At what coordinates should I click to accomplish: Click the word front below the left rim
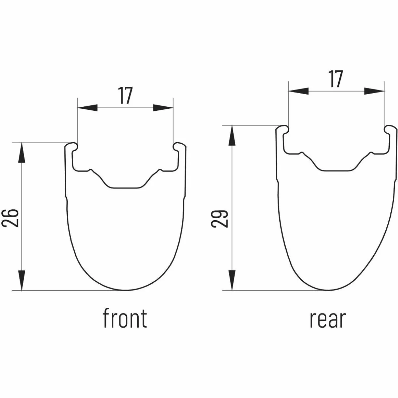pyautogui.click(x=125, y=321)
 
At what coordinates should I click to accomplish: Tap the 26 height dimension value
pyautogui.click(x=10, y=218)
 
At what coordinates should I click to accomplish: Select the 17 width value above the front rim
pyautogui.click(x=125, y=96)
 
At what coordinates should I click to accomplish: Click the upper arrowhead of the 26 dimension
pyautogui.click(x=22, y=153)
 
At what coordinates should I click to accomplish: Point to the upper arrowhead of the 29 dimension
pyautogui.click(x=232, y=135)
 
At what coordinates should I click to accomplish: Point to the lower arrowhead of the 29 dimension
pyautogui.click(x=232, y=280)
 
